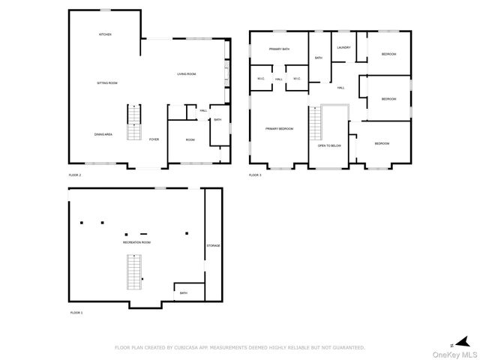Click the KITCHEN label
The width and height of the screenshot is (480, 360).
[x=106, y=34]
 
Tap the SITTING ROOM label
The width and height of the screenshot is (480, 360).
[x=107, y=82]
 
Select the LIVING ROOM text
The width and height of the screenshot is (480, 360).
[x=187, y=73]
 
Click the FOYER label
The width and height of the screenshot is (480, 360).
[x=154, y=139]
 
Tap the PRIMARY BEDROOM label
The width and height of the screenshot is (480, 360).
[x=279, y=129]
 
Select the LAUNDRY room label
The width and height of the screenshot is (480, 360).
[x=344, y=48]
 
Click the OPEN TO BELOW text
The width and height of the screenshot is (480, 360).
[x=330, y=145]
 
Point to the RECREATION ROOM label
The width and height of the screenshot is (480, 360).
[x=137, y=243]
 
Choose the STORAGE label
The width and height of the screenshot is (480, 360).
[x=214, y=245]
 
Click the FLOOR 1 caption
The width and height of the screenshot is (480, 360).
[x=76, y=312]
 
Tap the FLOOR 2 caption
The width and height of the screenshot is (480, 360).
[x=75, y=175]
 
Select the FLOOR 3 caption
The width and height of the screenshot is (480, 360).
[x=256, y=175]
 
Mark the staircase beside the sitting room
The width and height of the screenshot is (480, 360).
[x=133, y=123]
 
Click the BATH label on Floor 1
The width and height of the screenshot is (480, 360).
[x=183, y=292]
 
